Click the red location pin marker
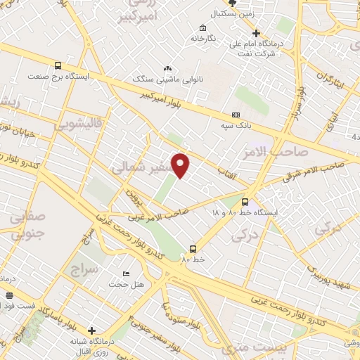pos(181,165)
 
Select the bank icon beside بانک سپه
pos(236,115)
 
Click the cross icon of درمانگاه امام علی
pos(256,33)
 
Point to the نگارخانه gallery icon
pos(203,29)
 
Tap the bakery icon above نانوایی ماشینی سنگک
pos(167,68)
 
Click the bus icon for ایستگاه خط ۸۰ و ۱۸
pos(245,200)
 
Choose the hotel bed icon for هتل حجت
pos(126,274)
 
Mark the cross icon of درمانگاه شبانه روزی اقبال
pos(91,330)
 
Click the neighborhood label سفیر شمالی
pos(137,167)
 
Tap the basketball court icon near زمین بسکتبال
pos(233,4)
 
